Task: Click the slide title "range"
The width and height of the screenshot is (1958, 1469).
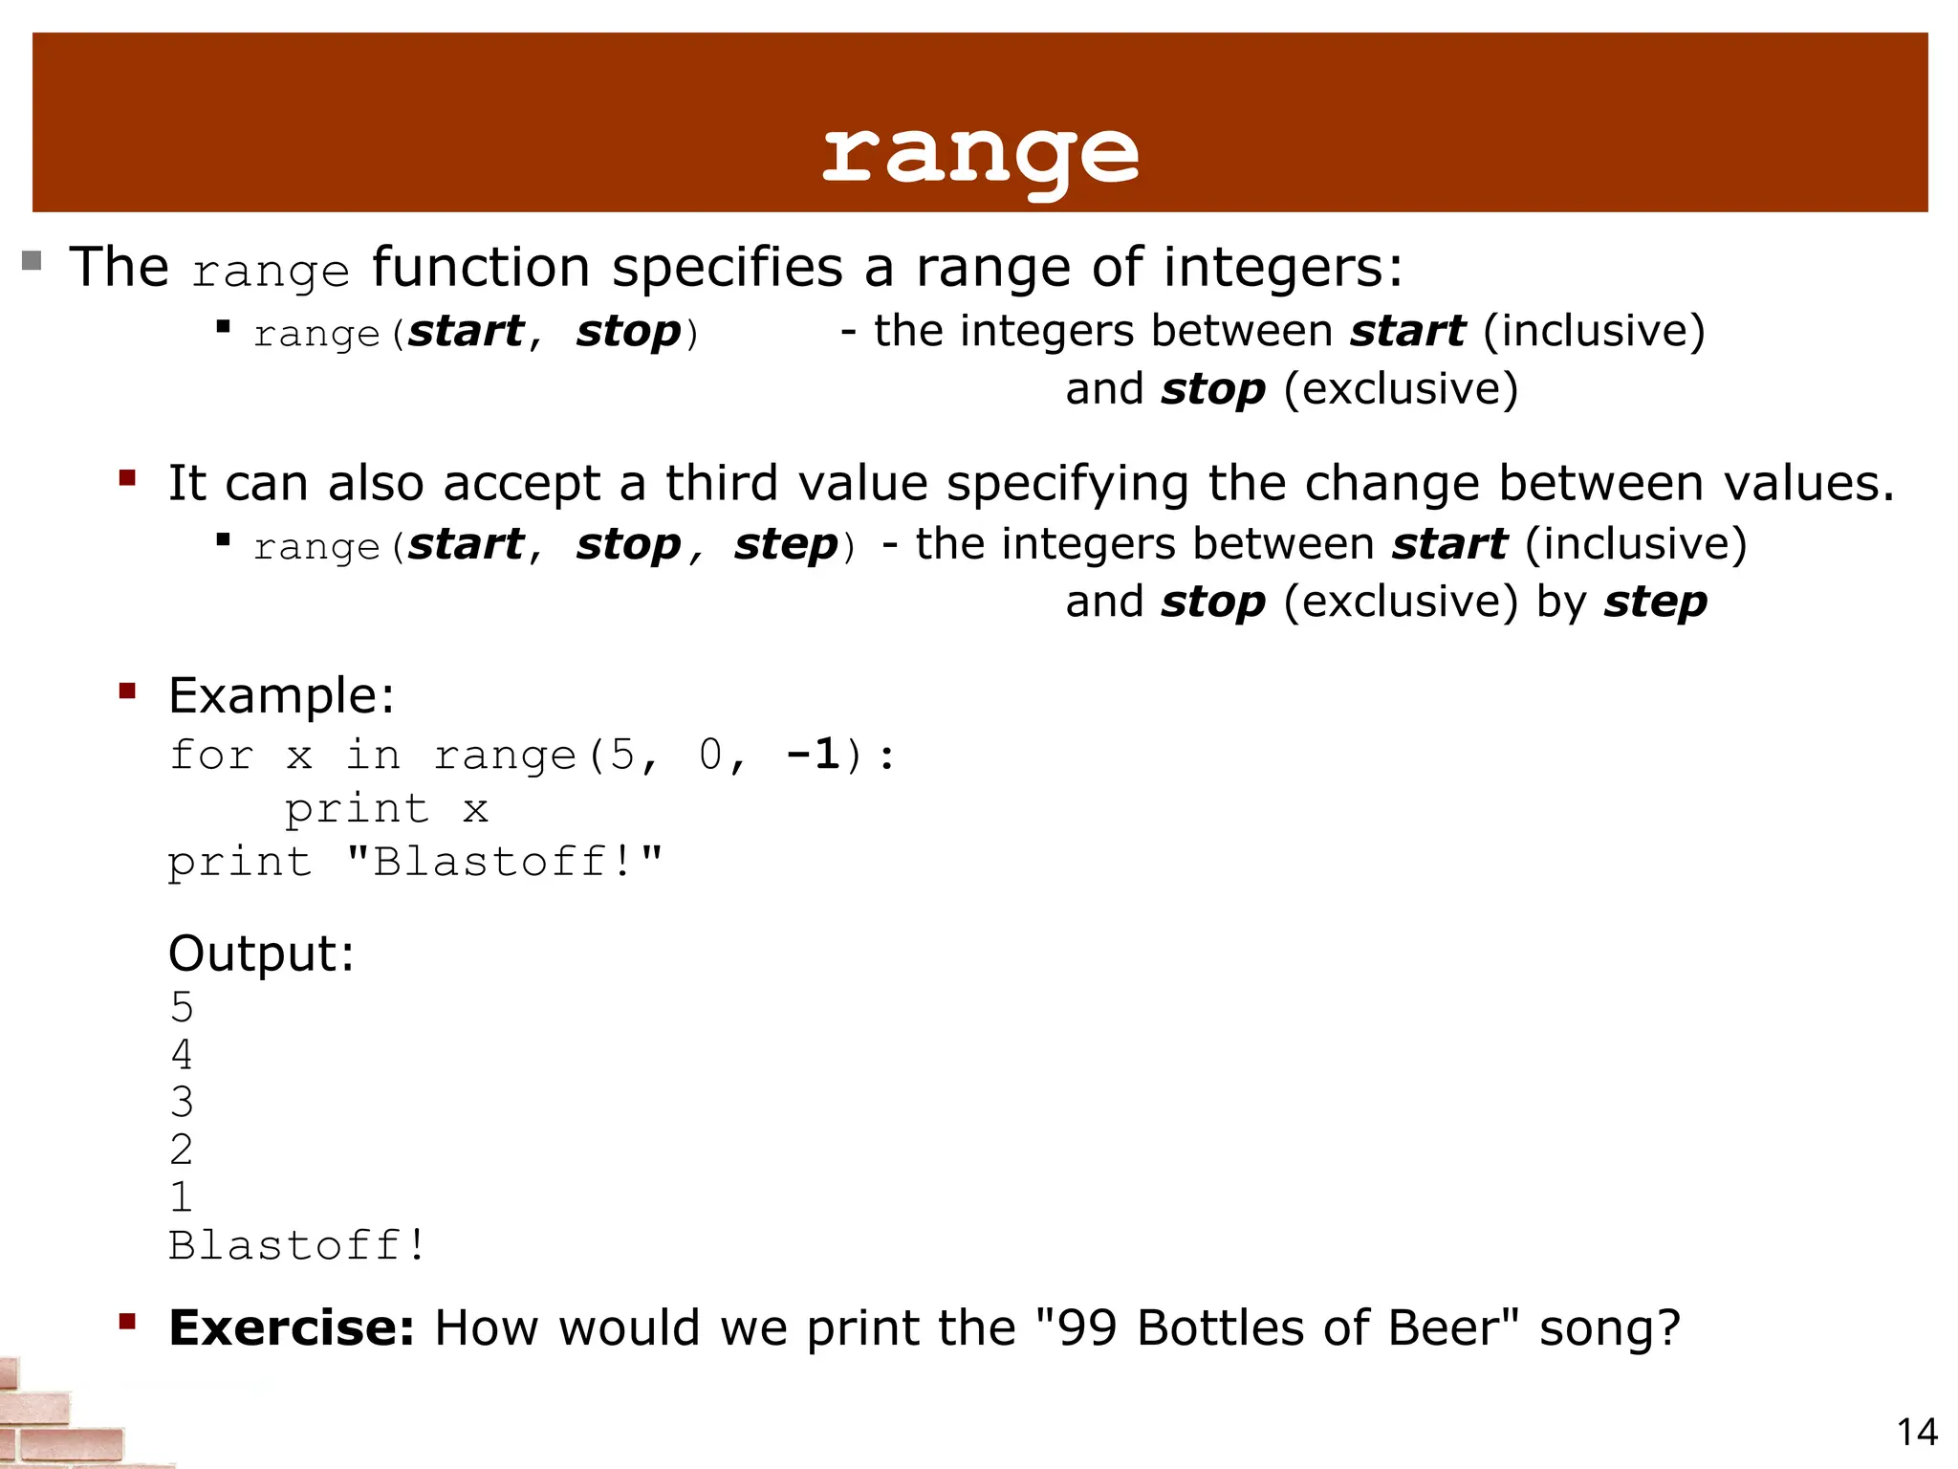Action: (980, 153)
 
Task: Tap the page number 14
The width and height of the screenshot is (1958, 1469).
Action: (1917, 1432)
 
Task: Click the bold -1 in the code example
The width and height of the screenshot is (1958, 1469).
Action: (814, 755)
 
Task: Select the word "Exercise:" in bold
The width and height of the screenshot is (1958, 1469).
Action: (292, 1327)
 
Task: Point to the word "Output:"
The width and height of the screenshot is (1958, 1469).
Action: (261, 954)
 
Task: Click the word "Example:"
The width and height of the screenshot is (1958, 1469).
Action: (281, 695)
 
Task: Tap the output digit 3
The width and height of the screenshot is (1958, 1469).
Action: (182, 1102)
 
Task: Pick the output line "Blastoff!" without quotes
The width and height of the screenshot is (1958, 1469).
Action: (296, 1245)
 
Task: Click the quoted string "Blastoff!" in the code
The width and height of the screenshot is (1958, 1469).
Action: (504, 862)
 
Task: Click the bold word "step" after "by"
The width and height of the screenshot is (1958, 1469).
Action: (1656, 602)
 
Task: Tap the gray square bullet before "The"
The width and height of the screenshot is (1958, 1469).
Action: (32, 260)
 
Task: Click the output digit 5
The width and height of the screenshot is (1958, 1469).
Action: (182, 1007)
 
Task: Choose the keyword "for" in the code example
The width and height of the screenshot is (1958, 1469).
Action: (211, 755)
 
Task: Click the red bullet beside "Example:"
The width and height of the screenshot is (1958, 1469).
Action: (127, 691)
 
